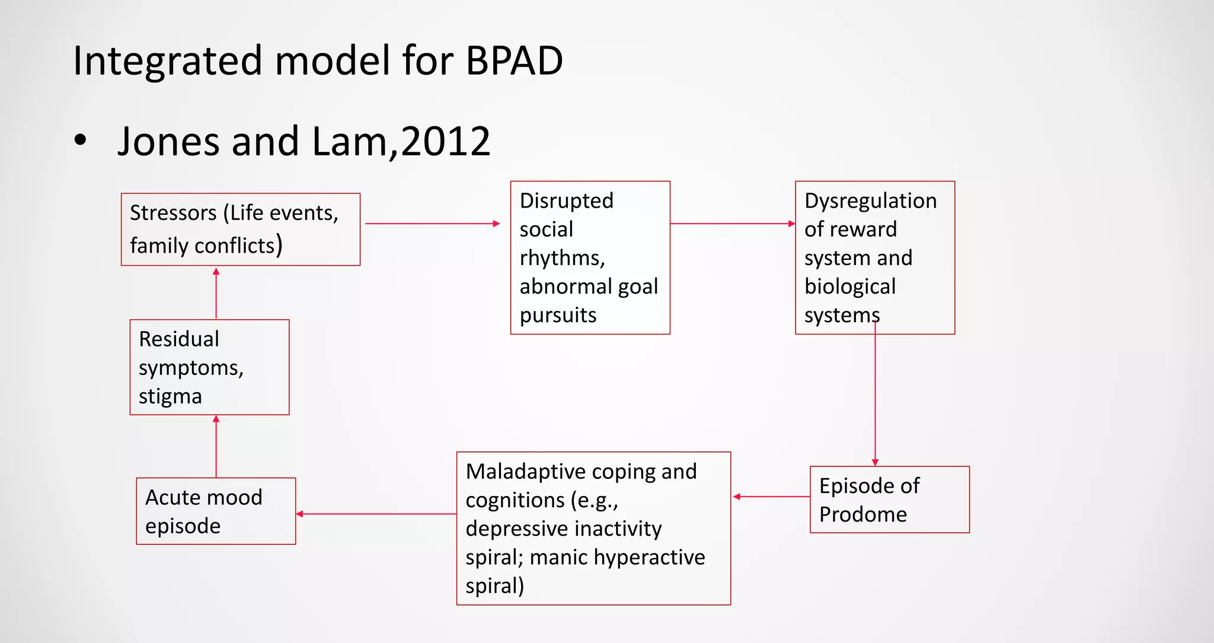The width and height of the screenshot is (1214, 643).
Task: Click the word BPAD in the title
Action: pos(513,61)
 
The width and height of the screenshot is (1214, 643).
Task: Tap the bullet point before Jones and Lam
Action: pos(80,141)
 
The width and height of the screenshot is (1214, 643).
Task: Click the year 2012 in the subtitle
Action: pos(445,142)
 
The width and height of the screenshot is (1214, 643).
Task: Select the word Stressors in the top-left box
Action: pos(173,213)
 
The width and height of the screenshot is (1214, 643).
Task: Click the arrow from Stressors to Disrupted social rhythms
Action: pos(432,224)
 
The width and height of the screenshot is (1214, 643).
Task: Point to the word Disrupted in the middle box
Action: pos(566,200)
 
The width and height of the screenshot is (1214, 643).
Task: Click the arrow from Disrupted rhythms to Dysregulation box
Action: pos(732,224)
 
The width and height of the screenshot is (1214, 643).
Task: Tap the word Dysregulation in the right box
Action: pos(870,200)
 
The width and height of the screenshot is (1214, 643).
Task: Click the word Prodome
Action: pos(862,514)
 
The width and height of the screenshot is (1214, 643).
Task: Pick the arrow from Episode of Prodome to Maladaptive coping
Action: pos(771,496)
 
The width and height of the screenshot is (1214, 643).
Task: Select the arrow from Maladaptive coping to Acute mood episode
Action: pos(376,514)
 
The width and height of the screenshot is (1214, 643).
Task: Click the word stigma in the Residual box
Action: pos(170,396)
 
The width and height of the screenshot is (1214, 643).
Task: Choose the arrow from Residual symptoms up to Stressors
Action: pos(216,293)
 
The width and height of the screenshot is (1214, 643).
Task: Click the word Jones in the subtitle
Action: pos(170,142)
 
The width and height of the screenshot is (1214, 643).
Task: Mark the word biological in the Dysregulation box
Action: pos(849,287)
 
